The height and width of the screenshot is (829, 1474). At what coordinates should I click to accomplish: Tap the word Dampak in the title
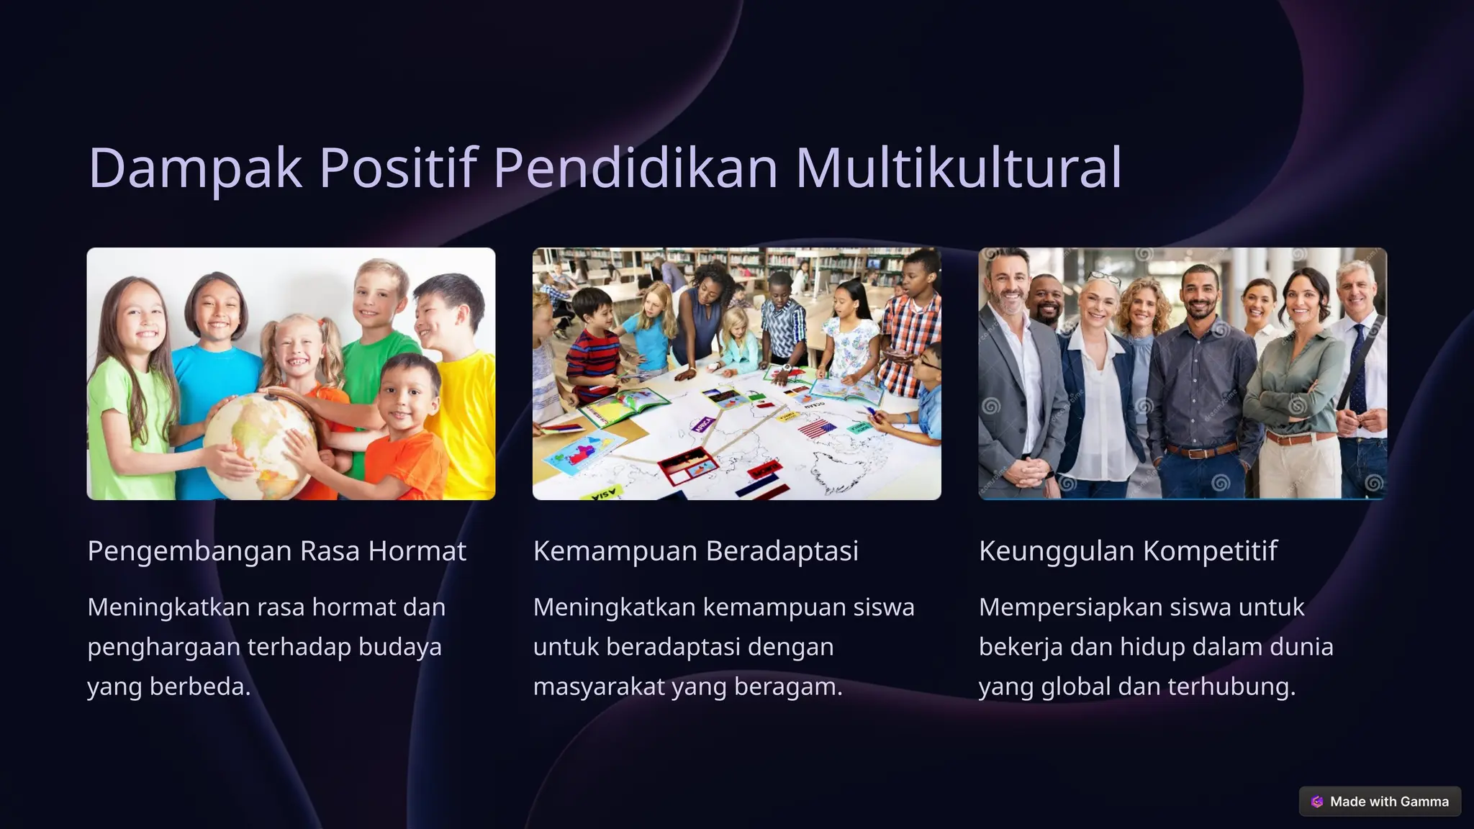point(195,168)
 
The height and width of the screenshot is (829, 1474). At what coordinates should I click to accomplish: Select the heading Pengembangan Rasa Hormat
point(277,551)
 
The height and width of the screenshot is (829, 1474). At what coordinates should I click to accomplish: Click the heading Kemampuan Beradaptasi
point(695,551)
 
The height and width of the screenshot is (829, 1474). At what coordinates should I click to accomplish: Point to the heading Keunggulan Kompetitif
point(1128,551)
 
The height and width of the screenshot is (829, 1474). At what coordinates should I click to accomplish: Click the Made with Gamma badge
point(1380,801)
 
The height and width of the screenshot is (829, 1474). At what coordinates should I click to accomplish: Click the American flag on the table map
point(817,430)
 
